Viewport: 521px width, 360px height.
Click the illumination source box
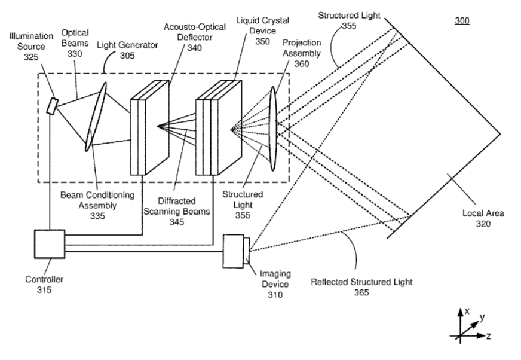click(53, 106)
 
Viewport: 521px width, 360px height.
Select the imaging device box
click(235, 251)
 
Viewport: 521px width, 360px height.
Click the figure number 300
click(462, 21)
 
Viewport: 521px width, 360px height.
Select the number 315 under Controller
click(43, 290)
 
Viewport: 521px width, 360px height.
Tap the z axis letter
click(489, 337)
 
